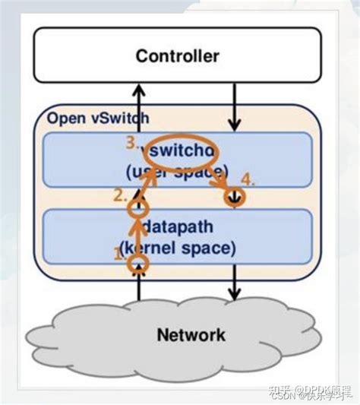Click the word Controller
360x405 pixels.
177,55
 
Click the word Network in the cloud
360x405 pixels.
191,334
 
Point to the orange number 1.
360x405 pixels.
119,255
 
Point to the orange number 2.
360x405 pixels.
120,195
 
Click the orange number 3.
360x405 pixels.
132,142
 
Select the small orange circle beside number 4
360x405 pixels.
235,196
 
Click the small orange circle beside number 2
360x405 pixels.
137,207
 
